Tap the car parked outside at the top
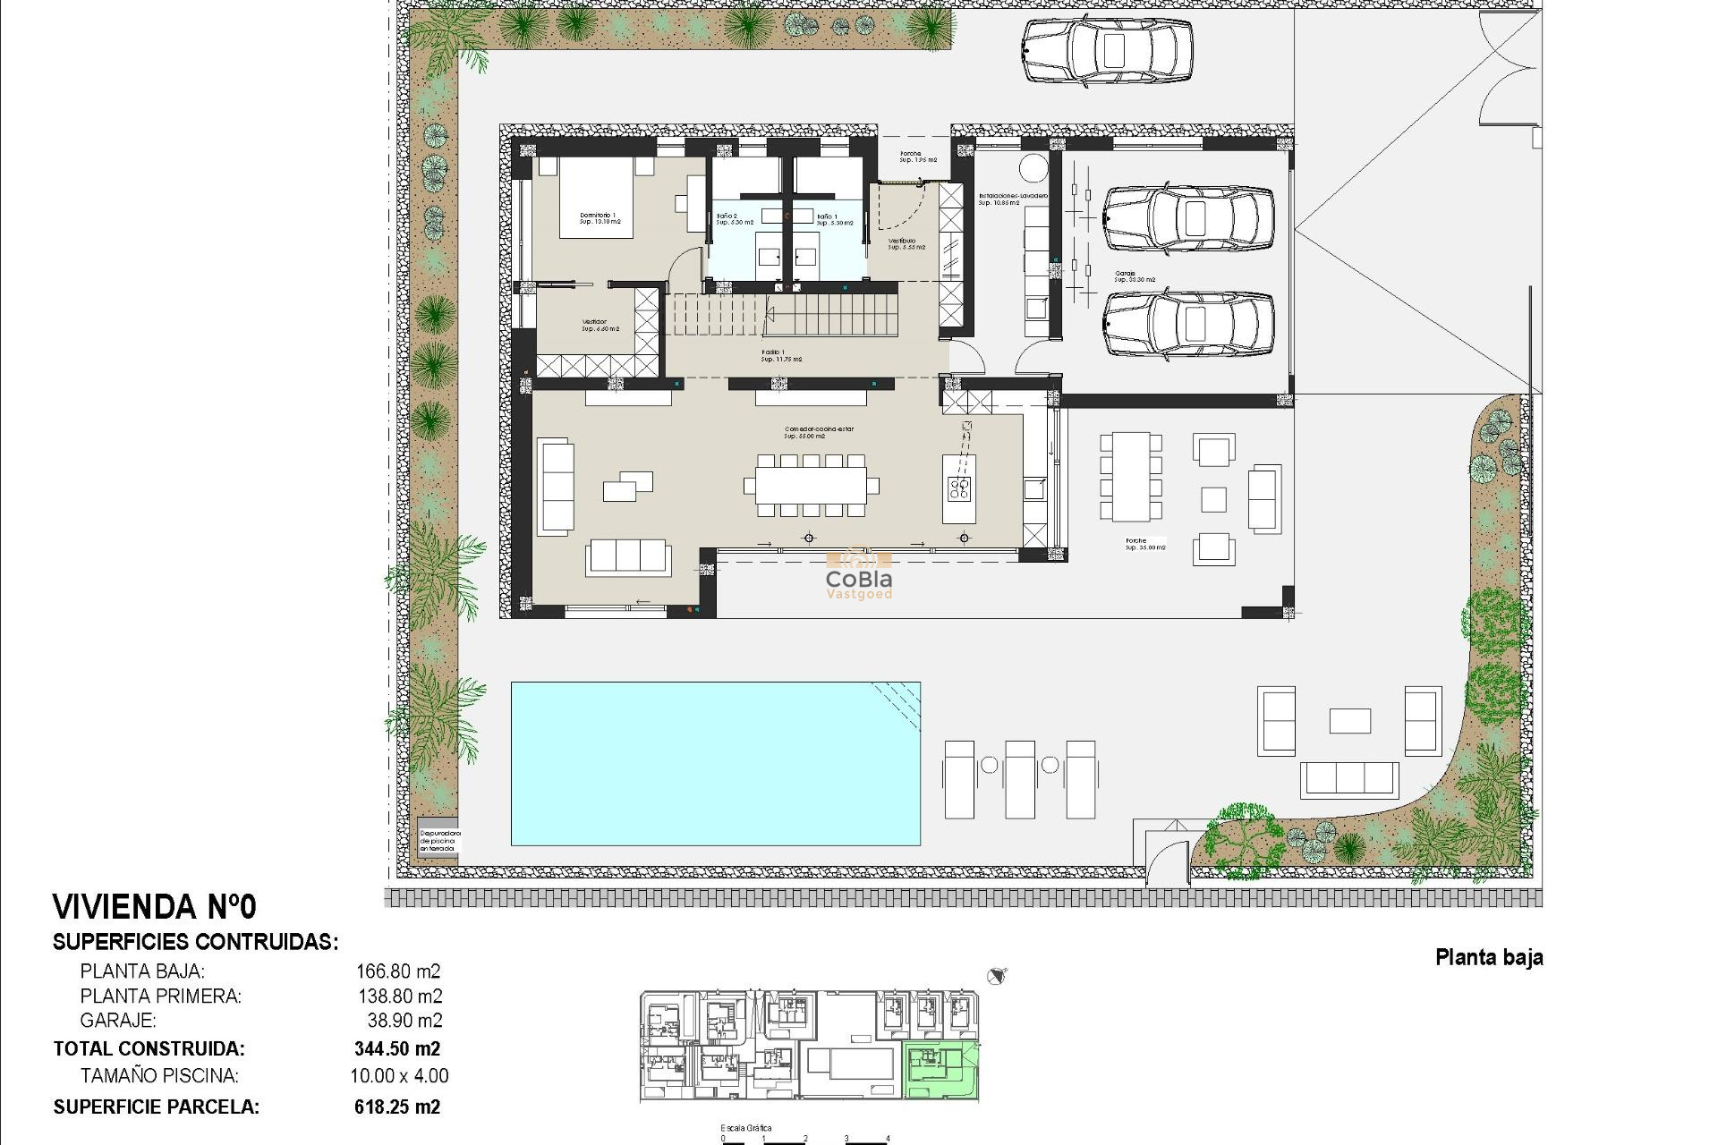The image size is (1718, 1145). click(1107, 51)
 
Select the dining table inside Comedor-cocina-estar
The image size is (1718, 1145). click(811, 486)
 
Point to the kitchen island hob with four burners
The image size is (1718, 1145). click(959, 488)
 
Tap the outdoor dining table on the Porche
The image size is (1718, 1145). click(1131, 477)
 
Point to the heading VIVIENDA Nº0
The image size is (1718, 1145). click(154, 907)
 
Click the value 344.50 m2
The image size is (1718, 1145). click(396, 1048)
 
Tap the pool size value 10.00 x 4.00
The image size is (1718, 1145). click(399, 1076)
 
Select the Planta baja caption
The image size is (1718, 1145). click(1488, 957)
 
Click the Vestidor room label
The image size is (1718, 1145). click(594, 325)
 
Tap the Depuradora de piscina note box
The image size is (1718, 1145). click(438, 840)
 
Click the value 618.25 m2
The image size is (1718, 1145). click(396, 1107)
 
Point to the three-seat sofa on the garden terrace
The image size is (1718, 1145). click(1348, 779)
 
